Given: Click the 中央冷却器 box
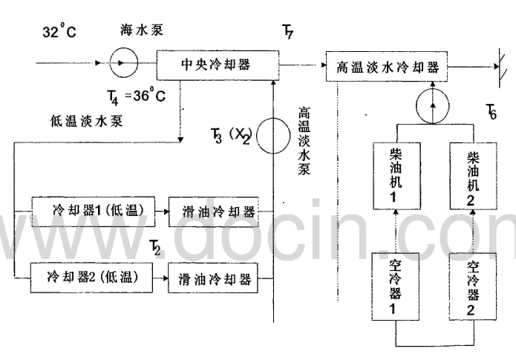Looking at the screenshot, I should click(x=215, y=64).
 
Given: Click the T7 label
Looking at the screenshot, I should click(x=287, y=31).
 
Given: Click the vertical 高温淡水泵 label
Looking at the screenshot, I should click(x=304, y=142).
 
